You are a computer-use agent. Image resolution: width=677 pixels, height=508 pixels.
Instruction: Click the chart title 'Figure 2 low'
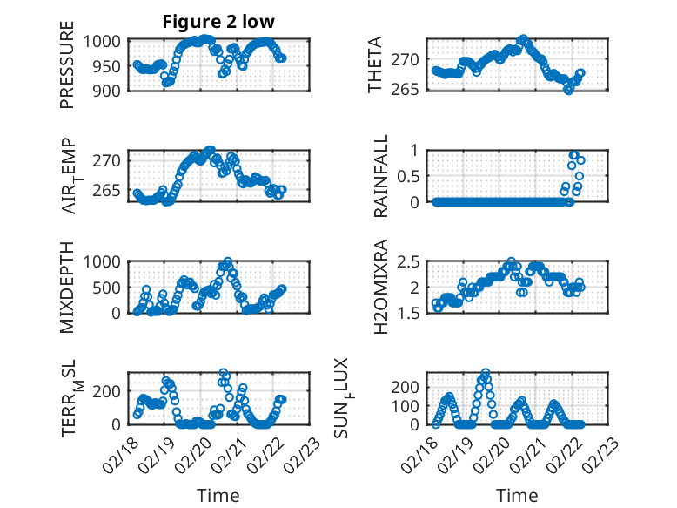pos(218,22)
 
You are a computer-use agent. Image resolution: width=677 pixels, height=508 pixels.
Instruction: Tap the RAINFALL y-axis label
pos(380,176)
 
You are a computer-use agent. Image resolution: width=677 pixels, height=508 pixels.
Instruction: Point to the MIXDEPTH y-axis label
pos(68,287)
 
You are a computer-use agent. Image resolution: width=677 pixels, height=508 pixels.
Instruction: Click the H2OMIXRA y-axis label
pos(380,287)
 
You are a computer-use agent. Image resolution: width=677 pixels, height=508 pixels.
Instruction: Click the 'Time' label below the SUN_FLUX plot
pos(517,496)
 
